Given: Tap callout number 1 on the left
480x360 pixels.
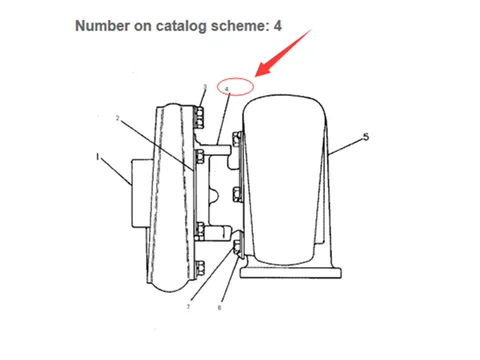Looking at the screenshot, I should (x=98, y=157).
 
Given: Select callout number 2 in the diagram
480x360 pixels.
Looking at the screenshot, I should (x=118, y=118).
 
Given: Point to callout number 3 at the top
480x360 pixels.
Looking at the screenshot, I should (x=204, y=87).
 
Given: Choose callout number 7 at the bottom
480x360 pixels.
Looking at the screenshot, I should (x=187, y=307).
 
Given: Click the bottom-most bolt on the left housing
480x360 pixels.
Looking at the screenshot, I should (x=201, y=265).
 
